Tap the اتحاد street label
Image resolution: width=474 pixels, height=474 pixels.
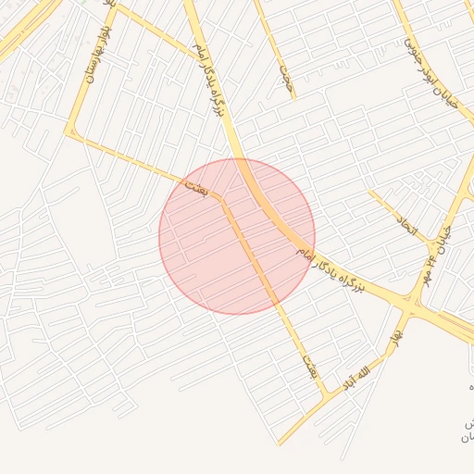(x=408, y=223)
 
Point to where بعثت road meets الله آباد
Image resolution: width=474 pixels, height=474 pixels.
(x=325, y=397)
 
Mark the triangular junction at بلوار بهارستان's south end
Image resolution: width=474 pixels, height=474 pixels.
(x=69, y=134)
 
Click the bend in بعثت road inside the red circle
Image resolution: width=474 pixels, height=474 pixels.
(x=222, y=197)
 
